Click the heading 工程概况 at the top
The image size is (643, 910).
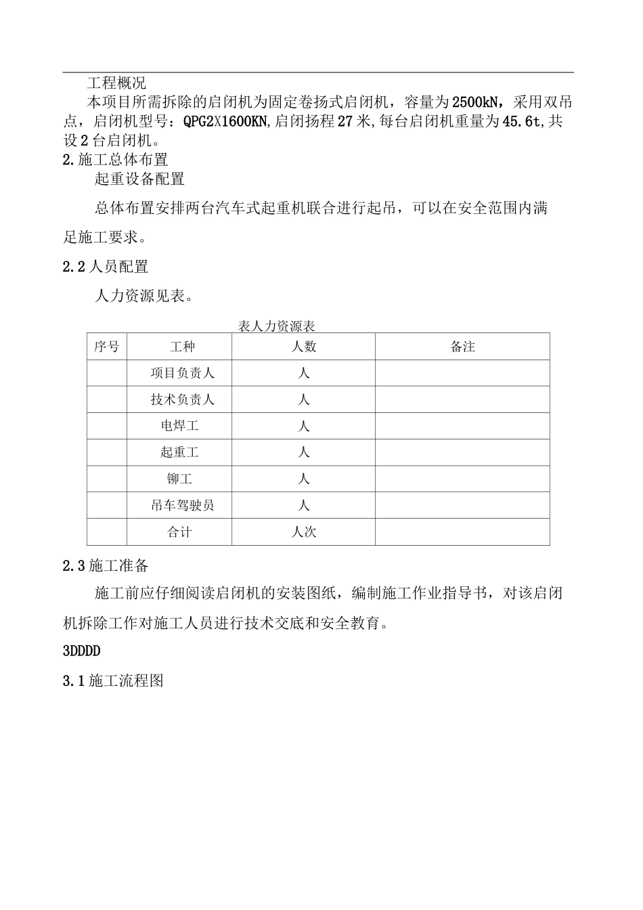click(116, 83)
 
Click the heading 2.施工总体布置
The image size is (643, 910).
click(115, 160)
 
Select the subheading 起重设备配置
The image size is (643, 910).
click(139, 179)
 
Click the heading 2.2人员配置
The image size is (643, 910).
click(106, 267)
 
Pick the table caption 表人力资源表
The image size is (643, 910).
click(277, 326)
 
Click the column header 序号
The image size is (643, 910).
click(106, 347)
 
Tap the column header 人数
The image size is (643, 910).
click(303, 347)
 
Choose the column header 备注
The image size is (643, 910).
click(463, 347)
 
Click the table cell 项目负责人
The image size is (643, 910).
click(182, 373)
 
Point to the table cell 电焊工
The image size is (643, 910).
click(179, 426)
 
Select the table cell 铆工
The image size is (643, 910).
click(179, 479)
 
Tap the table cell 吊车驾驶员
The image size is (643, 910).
click(182, 505)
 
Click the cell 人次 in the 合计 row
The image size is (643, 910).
click(303, 532)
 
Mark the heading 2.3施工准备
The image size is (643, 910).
click(106, 565)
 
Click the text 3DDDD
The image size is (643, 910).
click(81, 651)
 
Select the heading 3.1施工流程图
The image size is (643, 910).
click(113, 681)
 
